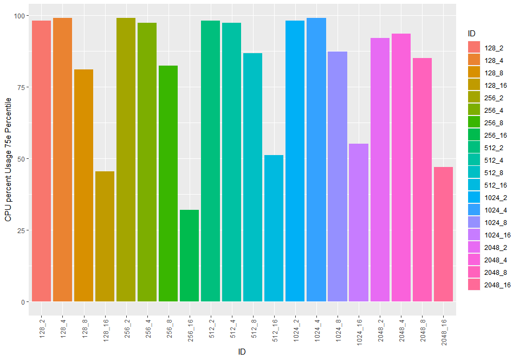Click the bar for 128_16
tap(105, 236)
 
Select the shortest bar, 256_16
tap(189, 255)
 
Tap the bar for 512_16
tap(274, 228)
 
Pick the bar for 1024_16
tap(358, 222)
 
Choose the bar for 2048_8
tap(421, 179)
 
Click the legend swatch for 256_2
tap(474, 98)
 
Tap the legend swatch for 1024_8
tap(474, 222)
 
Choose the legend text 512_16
tap(495, 185)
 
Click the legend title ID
tap(472, 34)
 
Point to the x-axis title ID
tap(242, 352)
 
